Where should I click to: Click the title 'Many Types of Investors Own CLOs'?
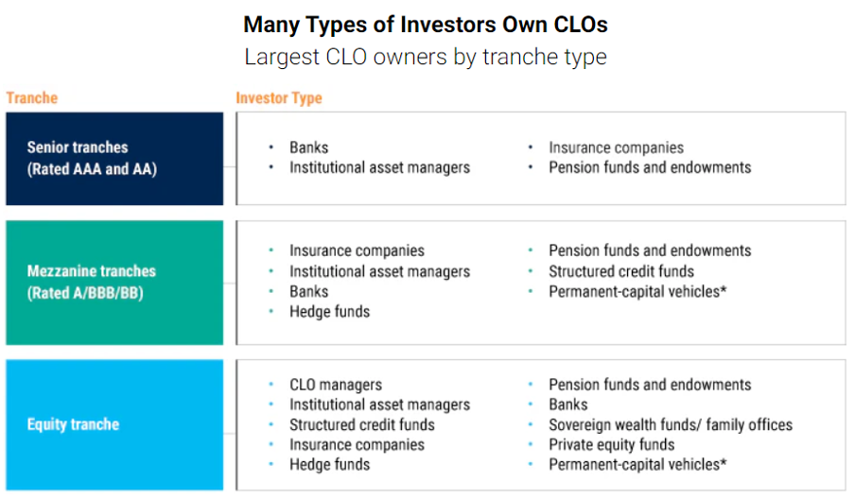[426, 26]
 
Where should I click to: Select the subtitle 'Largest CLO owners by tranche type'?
[426, 58]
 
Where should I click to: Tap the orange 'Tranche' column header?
[31, 98]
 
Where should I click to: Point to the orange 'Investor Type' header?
[279, 98]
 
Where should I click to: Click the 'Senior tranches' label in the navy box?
[78, 147]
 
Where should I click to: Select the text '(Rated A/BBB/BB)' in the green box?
[85, 293]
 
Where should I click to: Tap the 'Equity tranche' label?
[73, 424]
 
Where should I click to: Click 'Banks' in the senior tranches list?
[308, 147]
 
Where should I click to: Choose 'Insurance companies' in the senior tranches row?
[616, 147]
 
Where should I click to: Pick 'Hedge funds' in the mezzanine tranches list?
[329, 312]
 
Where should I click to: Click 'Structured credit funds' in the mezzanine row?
[621, 271]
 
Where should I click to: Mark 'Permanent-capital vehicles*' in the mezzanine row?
[637, 291]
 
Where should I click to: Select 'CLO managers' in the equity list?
[336, 385]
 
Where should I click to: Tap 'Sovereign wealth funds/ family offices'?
[671, 424]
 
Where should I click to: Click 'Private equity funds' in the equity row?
[611, 444]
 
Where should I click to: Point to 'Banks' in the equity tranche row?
[568, 404]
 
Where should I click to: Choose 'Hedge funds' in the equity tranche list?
[329, 465]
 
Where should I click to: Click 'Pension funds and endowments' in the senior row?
[650, 167]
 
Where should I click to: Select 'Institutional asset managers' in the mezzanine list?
[379, 271]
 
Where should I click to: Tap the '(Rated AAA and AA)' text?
[92, 169]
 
